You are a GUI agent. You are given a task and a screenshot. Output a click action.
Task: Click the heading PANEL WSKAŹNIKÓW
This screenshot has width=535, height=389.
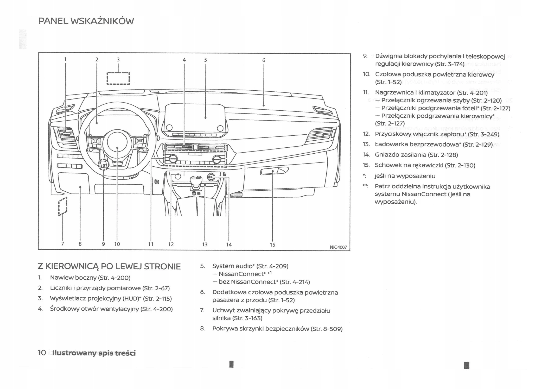(x=86, y=21)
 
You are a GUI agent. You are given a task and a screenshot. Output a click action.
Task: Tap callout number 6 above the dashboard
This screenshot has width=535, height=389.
(x=264, y=60)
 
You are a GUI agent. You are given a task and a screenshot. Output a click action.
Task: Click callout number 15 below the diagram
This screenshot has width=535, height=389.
(x=272, y=245)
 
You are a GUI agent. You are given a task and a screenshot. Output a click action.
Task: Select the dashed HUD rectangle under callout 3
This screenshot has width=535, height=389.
(x=118, y=78)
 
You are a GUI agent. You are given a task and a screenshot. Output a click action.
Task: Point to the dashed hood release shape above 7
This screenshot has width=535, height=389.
(x=63, y=206)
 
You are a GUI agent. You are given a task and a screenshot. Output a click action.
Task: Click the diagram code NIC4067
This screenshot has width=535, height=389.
(x=338, y=247)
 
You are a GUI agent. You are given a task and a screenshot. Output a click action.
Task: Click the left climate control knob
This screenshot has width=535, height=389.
(x=173, y=159)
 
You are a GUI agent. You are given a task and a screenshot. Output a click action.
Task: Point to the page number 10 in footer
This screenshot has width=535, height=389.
(x=42, y=353)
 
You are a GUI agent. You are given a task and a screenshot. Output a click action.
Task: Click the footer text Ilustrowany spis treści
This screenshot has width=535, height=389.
(x=94, y=353)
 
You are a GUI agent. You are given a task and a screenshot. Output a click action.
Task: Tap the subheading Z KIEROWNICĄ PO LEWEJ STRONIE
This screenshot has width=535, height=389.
(x=109, y=267)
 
